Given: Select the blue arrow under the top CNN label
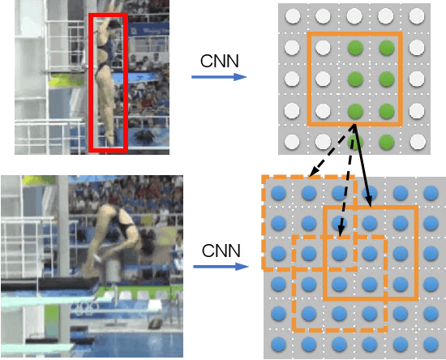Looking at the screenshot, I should point(218,77).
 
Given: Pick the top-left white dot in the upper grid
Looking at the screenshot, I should point(292,16).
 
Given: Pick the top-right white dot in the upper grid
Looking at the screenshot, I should point(417,16).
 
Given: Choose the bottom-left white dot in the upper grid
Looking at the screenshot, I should point(292,142).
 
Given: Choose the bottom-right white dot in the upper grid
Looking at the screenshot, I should point(417,142).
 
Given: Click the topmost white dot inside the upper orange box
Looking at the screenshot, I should point(323,48).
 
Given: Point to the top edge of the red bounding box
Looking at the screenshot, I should point(108,14).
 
